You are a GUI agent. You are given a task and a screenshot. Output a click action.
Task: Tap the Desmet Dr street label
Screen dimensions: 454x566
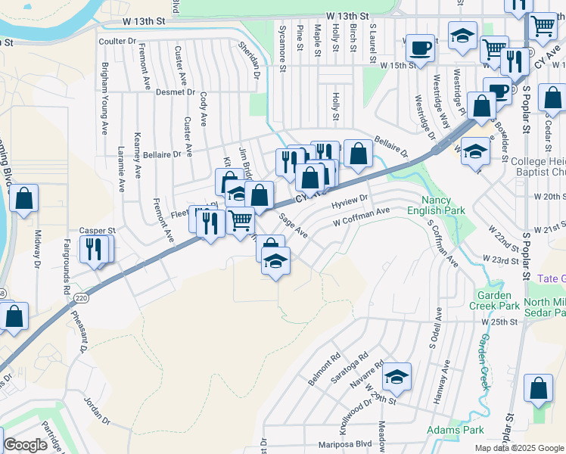[176, 92]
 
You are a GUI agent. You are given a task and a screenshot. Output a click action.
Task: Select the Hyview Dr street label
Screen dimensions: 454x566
[350, 202]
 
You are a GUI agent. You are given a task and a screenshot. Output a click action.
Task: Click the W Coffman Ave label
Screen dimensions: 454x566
[362, 217]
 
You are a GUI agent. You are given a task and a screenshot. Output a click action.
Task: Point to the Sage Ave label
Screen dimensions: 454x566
[293, 225]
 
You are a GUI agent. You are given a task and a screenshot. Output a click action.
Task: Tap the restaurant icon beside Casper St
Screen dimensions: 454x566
[94, 249]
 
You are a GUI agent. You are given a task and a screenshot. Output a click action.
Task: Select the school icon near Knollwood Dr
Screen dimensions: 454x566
[396, 377]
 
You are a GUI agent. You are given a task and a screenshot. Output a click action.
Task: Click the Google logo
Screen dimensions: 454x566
[25, 445]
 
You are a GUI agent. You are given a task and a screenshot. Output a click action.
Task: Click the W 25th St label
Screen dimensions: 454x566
[499, 322]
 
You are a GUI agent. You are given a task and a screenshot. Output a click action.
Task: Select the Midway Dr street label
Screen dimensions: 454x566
[36, 250]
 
